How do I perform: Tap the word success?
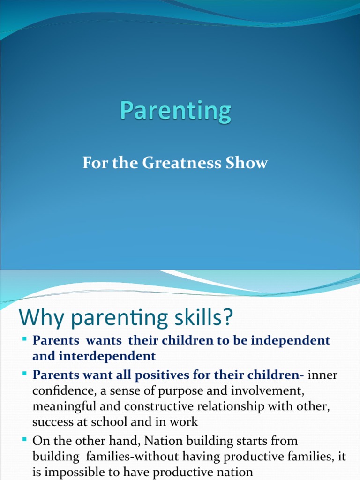51,422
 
